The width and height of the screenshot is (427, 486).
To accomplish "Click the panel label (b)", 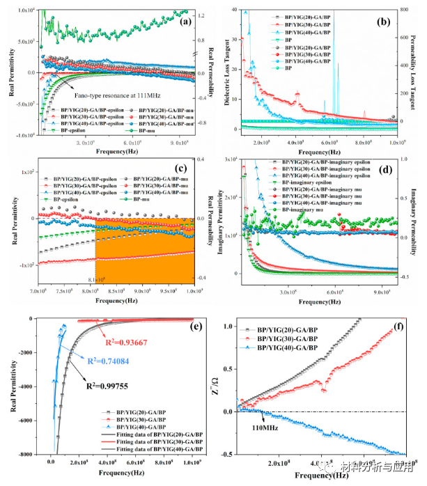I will coord(387,22).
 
